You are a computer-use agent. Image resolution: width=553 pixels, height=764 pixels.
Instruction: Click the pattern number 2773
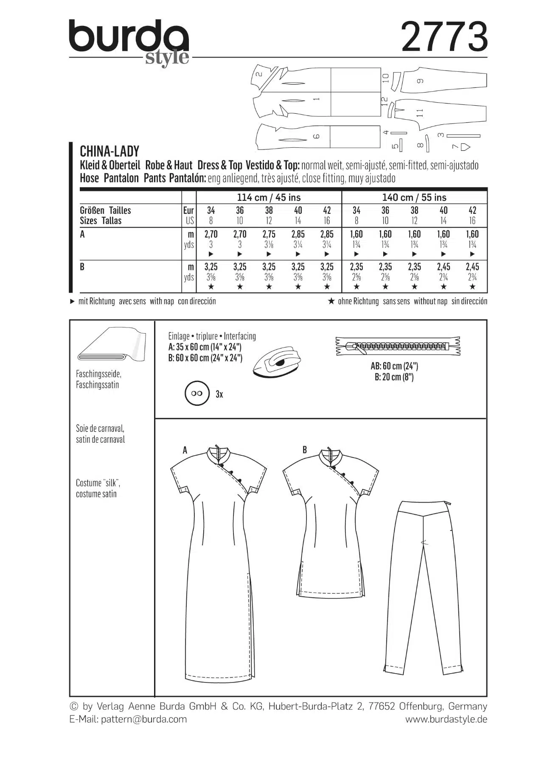tap(444, 37)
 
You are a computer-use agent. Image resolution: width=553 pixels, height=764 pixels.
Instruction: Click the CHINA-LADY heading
tap(109, 152)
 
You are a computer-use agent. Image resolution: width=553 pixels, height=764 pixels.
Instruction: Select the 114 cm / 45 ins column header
tap(269, 197)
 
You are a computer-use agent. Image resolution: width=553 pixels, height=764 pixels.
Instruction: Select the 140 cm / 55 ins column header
tap(414, 197)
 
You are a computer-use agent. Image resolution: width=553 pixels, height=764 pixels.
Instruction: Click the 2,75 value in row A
tap(269, 234)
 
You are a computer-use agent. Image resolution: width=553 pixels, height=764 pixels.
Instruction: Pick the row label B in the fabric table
tap(82, 267)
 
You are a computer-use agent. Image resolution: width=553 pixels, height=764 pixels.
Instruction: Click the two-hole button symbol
tap(197, 393)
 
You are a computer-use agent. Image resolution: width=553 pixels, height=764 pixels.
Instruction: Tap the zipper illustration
tap(398, 346)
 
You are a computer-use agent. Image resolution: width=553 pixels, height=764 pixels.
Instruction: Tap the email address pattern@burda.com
tap(144, 719)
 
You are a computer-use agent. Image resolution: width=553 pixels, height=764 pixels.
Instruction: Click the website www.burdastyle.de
tap(446, 719)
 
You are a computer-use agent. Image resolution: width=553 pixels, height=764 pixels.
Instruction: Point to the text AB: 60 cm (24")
tap(394, 366)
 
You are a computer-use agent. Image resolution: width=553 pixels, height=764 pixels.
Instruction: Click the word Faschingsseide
tap(98, 374)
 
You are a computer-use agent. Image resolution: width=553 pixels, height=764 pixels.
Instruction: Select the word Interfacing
tap(240, 336)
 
